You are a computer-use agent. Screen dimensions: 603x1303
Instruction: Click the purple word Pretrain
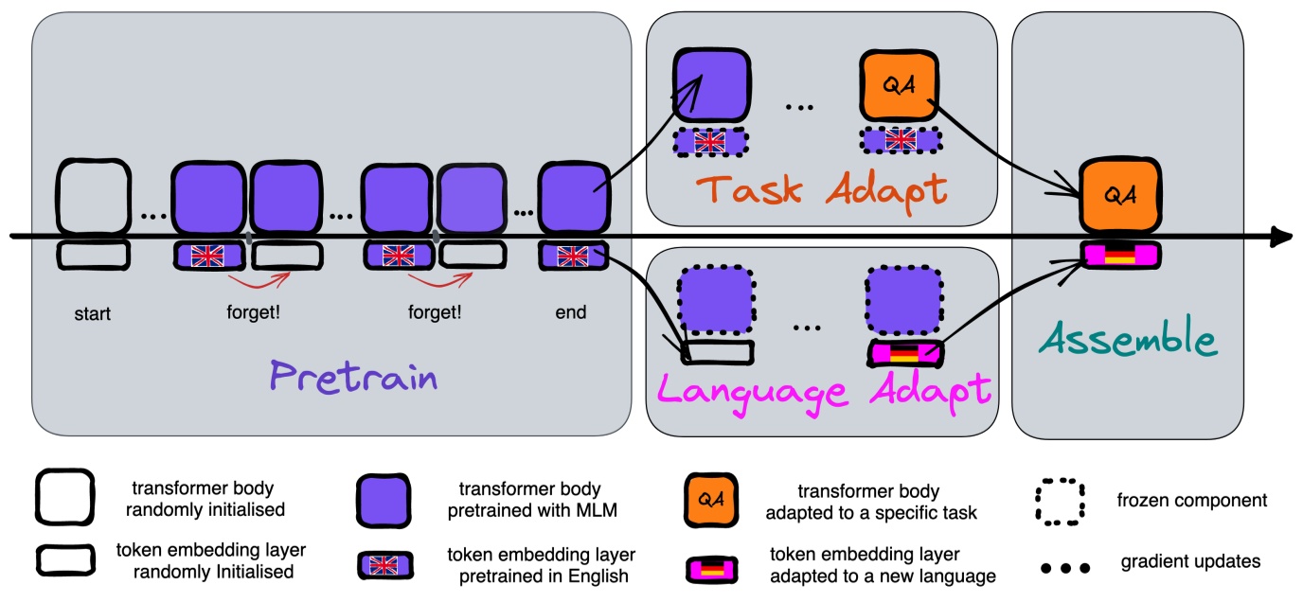tap(353, 377)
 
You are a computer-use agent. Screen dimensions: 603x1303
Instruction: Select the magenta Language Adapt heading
tap(823, 392)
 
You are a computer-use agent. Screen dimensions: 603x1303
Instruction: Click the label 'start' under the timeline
tap(92, 313)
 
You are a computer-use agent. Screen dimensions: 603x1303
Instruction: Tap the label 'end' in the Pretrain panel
tap(571, 312)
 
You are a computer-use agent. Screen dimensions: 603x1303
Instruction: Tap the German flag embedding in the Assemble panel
tap(1120, 255)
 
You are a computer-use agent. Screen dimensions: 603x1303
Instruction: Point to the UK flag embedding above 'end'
tap(573, 256)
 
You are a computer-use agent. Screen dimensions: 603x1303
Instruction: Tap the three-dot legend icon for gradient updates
tap(1065, 568)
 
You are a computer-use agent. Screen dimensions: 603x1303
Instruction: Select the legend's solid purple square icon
tap(383, 501)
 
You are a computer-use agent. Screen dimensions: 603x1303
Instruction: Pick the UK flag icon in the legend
tap(383, 565)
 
